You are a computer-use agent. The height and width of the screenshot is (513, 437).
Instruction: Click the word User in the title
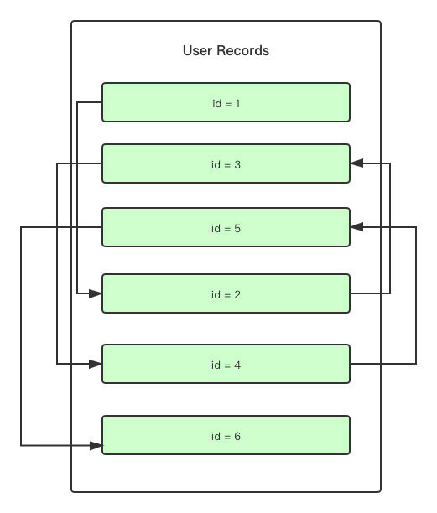click(x=197, y=51)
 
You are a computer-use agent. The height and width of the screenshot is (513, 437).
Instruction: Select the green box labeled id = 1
click(x=226, y=102)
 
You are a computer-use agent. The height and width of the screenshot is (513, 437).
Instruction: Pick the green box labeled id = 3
click(x=226, y=164)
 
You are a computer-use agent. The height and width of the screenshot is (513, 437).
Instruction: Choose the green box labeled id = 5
click(x=226, y=227)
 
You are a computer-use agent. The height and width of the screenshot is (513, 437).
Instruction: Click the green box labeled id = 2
click(x=226, y=294)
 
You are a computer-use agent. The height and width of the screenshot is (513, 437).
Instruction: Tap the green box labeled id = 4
click(x=226, y=365)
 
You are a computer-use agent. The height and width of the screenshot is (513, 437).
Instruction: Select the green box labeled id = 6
click(x=226, y=436)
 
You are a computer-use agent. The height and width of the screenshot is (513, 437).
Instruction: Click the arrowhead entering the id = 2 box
click(x=96, y=294)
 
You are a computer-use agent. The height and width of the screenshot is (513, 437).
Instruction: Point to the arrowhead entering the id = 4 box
click(x=96, y=364)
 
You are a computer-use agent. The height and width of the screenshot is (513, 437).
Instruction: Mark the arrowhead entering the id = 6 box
click(x=96, y=445)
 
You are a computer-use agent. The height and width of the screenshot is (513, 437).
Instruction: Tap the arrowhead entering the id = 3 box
click(x=356, y=164)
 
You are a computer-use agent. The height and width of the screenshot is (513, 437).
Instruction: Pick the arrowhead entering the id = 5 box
click(x=356, y=227)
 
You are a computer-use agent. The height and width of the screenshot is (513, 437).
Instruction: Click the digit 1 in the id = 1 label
click(x=237, y=103)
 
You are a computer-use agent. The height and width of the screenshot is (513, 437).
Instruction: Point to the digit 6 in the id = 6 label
click(x=237, y=437)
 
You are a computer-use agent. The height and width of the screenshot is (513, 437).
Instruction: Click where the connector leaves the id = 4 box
click(x=351, y=364)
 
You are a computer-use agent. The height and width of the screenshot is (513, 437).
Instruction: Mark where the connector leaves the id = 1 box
click(x=101, y=102)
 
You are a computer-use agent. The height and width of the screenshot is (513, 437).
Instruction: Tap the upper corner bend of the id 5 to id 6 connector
click(x=21, y=227)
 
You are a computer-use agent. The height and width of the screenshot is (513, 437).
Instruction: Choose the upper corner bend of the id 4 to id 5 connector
click(x=416, y=227)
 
